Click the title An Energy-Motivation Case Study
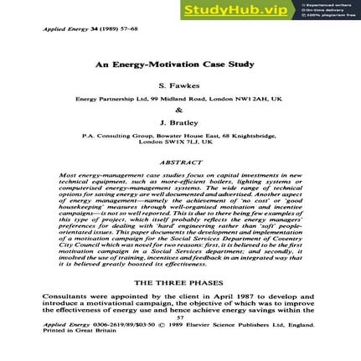click(x=180, y=64)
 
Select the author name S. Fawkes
click(x=180, y=85)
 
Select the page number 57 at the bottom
click(x=180, y=317)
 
